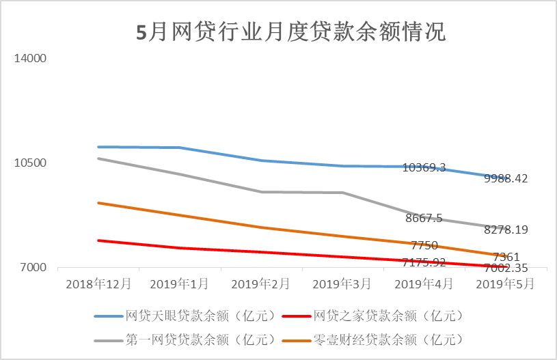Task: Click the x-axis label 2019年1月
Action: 179,282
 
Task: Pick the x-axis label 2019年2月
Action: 260,282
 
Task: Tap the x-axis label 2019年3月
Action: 342,282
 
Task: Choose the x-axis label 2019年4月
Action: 424,282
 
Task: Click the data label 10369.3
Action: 424,167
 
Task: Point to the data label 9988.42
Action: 506,179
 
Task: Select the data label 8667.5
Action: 424,219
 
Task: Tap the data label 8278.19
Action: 506,230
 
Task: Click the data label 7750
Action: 424,245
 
